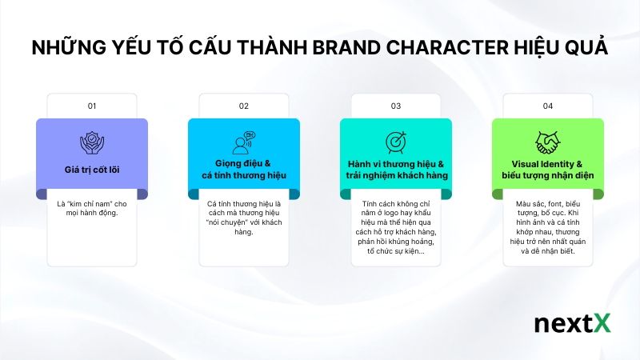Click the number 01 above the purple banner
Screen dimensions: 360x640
(91, 106)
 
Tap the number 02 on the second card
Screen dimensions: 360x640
(243, 106)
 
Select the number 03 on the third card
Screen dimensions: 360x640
(395, 106)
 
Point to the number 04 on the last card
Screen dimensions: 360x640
(547, 106)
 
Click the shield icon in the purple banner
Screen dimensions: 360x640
(91, 142)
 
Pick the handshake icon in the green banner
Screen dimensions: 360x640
(547, 142)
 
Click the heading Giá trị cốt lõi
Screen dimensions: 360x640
(91, 170)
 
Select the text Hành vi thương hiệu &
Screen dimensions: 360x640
(396, 163)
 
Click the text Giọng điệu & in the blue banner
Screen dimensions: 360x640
(243, 163)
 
